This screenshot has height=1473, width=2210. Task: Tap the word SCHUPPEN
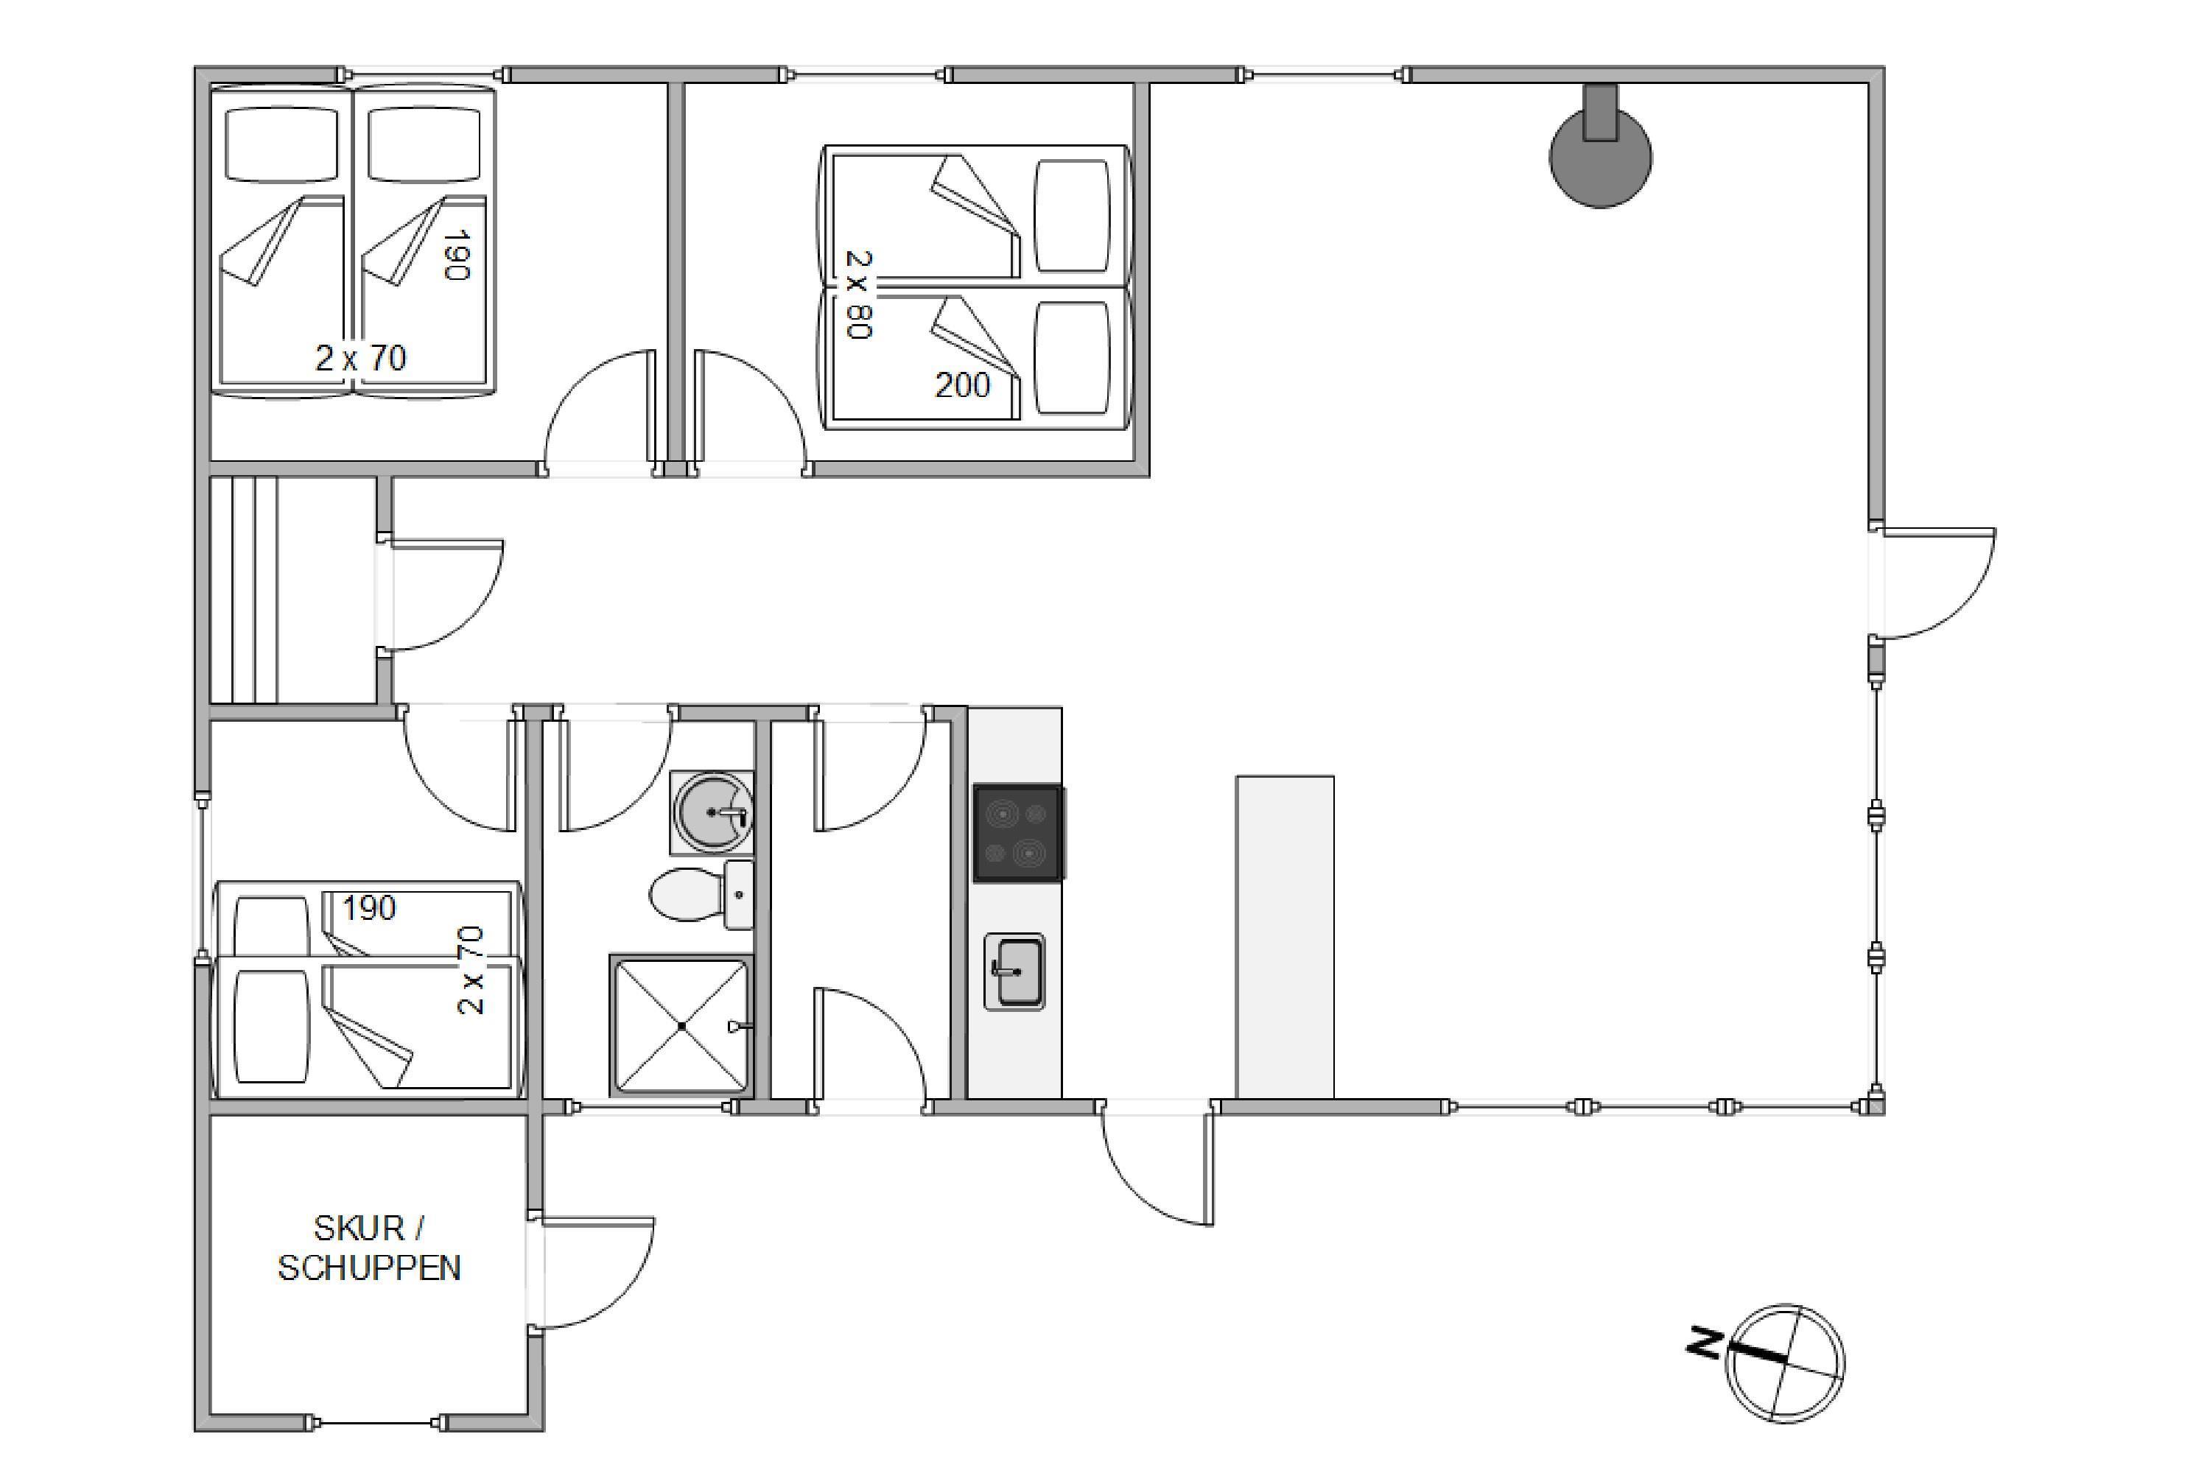coord(369,1268)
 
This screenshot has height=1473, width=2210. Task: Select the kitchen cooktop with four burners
coord(1017,833)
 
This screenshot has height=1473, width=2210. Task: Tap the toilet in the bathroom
coord(702,894)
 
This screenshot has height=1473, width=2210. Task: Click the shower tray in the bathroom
coord(682,1027)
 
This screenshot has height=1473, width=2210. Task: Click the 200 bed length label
coord(962,385)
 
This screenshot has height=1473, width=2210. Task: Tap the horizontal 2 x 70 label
coord(361,358)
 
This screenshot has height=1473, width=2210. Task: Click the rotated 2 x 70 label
coord(471,971)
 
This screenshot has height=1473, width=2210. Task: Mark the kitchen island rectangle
coord(1285,937)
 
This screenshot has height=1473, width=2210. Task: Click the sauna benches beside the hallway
coord(245,590)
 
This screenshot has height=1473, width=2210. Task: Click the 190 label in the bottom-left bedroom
coord(369,908)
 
